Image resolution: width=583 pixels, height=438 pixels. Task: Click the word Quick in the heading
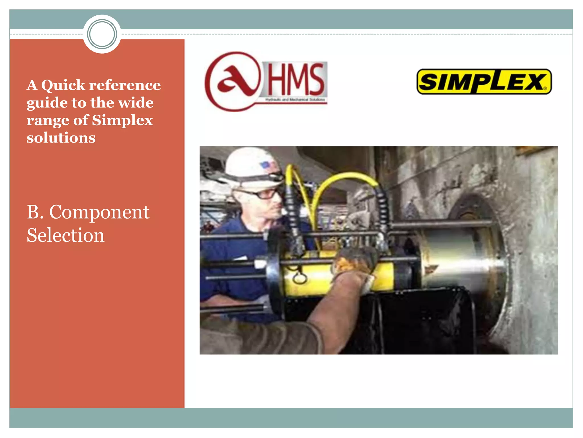(63, 85)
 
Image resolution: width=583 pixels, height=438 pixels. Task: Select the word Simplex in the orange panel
(122, 120)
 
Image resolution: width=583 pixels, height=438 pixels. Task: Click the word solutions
(61, 138)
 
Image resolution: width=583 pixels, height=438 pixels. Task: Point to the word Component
(99, 212)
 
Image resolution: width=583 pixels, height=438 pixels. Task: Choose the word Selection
(65, 236)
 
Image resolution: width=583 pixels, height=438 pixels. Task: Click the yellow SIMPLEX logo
(484, 82)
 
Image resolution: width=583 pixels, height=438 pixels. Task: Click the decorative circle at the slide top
(102, 34)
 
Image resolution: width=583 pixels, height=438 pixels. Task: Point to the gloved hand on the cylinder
(356, 261)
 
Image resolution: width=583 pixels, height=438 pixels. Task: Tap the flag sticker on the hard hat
(265, 165)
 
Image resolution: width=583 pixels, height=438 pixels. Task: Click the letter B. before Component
(35, 212)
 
